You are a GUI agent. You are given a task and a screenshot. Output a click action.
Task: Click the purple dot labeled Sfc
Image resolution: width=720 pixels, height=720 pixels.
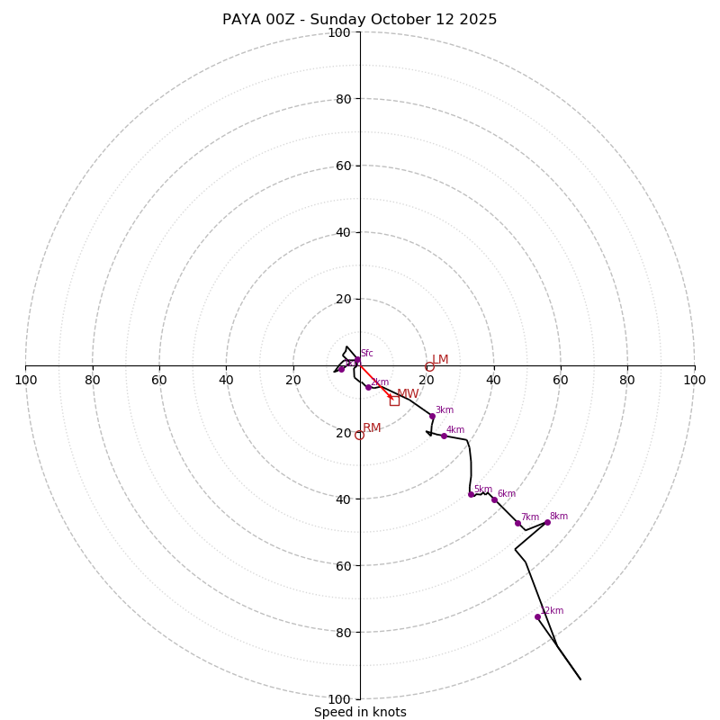pos(357,360)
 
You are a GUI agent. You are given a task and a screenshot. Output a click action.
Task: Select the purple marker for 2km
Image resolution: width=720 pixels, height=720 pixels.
pos(368,387)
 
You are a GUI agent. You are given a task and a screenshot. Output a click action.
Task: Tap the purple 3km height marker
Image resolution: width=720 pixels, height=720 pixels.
pos(432,416)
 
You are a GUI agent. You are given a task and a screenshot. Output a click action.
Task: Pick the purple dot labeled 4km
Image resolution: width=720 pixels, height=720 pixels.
pos(444,436)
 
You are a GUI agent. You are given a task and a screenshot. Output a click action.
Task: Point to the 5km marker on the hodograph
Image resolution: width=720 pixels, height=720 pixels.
pos(471,494)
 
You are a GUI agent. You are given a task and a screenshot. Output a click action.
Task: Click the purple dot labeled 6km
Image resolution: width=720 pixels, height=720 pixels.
pos(494,499)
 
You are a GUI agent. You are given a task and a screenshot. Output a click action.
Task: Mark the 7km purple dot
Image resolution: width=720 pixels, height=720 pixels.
pos(517,523)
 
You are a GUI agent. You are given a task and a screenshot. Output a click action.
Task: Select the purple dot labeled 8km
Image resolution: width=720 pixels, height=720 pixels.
pos(547,522)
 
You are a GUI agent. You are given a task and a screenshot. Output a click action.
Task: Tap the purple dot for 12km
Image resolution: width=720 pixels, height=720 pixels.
pos(537,616)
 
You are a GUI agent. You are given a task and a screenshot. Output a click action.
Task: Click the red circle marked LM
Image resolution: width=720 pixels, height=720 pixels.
pos(430,366)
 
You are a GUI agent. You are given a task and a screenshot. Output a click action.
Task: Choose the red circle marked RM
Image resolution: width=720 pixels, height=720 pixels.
pos(359,435)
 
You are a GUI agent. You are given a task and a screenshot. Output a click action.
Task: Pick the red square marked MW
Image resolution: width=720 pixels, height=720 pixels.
pos(394,400)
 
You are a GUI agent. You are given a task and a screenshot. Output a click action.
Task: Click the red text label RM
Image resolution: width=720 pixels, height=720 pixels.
pos(372,427)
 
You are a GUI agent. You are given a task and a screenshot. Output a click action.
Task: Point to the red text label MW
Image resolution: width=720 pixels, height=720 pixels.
pos(408,393)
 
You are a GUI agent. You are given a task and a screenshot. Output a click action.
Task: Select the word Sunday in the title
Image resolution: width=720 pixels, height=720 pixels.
pos(339,20)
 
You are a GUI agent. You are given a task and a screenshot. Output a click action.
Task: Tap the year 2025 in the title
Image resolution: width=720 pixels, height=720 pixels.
pos(478,20)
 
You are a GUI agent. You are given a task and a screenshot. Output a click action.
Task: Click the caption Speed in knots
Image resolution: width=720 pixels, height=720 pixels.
pos(360,712)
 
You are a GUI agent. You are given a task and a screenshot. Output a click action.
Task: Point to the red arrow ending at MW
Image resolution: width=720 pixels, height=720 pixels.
pos(376,382)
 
